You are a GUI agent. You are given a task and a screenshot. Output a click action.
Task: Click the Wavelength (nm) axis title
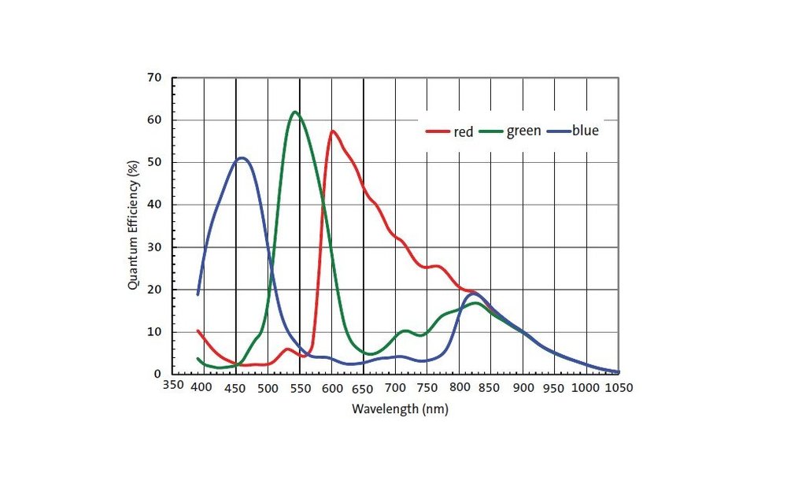click(400, 409)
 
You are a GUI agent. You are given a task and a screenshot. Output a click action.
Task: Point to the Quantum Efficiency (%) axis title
click(133, 225)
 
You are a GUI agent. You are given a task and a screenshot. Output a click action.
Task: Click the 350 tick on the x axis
click(172, 386)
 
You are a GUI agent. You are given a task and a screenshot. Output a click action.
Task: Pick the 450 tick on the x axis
click(235, 388)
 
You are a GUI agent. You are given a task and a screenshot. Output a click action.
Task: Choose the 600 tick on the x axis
click(331, 388)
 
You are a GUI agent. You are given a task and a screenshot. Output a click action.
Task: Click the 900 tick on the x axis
click(523, 388)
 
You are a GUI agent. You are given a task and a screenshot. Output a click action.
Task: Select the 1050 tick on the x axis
click(618, 388)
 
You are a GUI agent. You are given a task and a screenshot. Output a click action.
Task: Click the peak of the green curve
click(294, 112)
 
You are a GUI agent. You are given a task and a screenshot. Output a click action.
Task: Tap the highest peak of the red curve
click(332, 131)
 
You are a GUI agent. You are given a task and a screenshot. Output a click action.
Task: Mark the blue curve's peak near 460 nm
click(242, 157)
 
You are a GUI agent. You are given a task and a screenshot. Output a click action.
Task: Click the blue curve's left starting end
click(198, 294)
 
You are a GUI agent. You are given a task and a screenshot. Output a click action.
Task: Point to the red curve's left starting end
click(198, 331)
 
